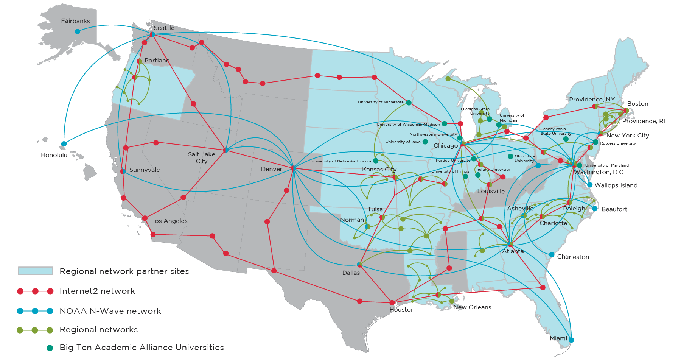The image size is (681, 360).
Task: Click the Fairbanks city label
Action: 75,21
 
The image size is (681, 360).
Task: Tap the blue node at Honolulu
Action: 64,144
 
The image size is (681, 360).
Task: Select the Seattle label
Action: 164,28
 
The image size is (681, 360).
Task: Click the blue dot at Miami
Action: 571,340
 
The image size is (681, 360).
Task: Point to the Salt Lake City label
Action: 201,157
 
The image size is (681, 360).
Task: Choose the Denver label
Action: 271,169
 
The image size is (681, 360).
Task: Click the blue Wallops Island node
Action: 590,185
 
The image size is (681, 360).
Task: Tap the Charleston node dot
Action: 552,255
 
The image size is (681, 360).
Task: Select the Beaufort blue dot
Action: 595,209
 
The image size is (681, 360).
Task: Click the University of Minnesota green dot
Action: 409,103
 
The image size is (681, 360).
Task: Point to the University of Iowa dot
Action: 425,142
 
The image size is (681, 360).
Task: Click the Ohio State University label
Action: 525,158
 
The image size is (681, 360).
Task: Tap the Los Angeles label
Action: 169,221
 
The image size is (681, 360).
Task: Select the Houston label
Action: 402,310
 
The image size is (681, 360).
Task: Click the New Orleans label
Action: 472,307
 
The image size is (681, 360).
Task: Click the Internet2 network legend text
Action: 97,291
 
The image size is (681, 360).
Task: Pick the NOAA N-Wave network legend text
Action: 110,311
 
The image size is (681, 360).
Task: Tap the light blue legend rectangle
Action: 36,271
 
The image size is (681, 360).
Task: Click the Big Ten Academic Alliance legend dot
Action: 50,348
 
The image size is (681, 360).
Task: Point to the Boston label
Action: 637,104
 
